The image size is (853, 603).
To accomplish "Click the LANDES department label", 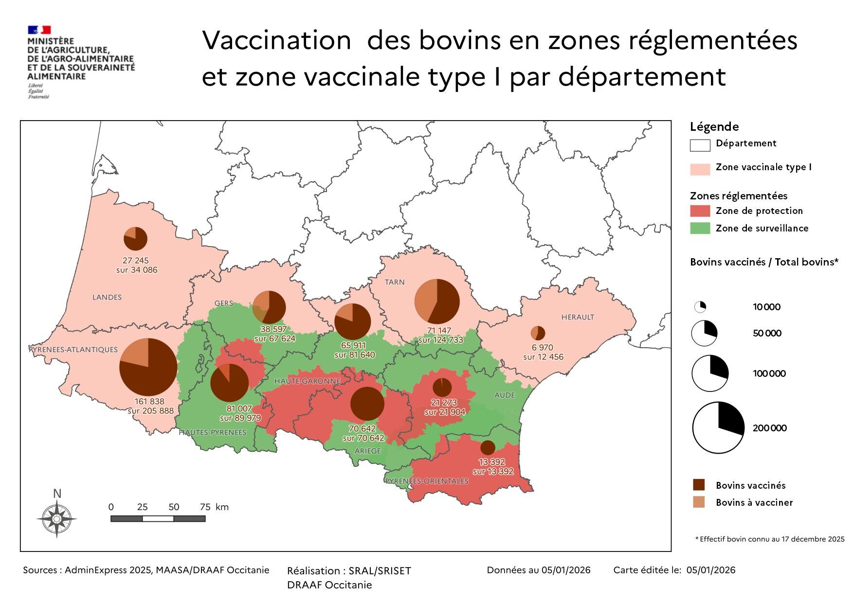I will tap(107, 297).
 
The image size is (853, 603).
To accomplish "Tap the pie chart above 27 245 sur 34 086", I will tap(135, 239).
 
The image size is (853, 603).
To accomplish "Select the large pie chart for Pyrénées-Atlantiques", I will tap(148, 367).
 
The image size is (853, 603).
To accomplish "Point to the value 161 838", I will tap(149, 402).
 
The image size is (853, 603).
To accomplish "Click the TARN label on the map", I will tap(395, 282).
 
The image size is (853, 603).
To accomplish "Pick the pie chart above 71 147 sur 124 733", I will tap(437, 301).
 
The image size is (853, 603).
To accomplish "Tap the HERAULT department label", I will tap(578, 317).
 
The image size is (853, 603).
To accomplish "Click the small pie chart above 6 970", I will tap(538, 333).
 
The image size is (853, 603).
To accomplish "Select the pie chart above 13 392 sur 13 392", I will tap(488, 447).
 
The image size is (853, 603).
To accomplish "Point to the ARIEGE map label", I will tap(368, 451).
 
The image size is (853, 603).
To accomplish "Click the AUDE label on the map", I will tap(505, 395).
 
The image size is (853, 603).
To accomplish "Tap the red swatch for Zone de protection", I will tap(700, 211).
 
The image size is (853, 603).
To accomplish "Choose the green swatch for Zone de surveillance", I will tap(700, 228).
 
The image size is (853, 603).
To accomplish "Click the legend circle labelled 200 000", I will tap(718, 428).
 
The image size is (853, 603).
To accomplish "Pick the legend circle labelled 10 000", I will tap(700, 307).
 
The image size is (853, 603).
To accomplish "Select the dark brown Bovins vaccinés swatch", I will tap(699, 485).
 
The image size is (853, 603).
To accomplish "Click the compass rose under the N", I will tap(56, 519).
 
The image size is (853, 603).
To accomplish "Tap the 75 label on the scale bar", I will tap(205, 507).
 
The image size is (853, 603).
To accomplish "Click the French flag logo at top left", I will tap(39, 30).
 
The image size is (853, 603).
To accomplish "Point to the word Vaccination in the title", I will tap(276, 40).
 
